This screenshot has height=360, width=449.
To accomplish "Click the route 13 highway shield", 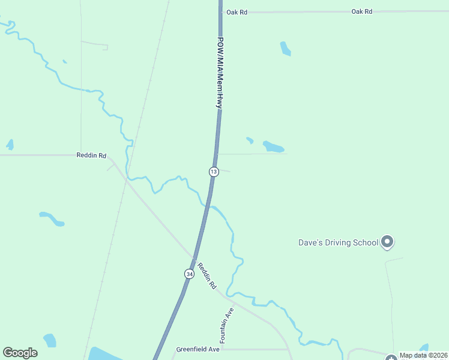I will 214,172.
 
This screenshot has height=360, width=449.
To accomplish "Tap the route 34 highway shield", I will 189,274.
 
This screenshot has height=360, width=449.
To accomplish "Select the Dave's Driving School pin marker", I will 387,242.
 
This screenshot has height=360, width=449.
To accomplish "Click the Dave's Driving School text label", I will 339,242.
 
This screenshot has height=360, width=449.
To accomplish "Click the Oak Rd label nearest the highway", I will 237,12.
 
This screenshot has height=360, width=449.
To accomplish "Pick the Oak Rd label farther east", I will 362,11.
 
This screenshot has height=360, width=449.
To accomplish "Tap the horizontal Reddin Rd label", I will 91,155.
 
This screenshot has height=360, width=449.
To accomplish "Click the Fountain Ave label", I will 226,326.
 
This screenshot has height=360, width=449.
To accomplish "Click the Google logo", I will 20,353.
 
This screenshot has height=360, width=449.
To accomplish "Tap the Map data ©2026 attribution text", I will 424,355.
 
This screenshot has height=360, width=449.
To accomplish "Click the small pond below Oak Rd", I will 285,49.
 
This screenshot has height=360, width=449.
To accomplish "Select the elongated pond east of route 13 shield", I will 273,146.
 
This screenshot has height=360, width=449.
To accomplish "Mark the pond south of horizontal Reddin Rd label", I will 52,218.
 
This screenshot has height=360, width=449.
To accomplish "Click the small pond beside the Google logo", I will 50,340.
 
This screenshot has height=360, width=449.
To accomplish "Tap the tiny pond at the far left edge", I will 10,145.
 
